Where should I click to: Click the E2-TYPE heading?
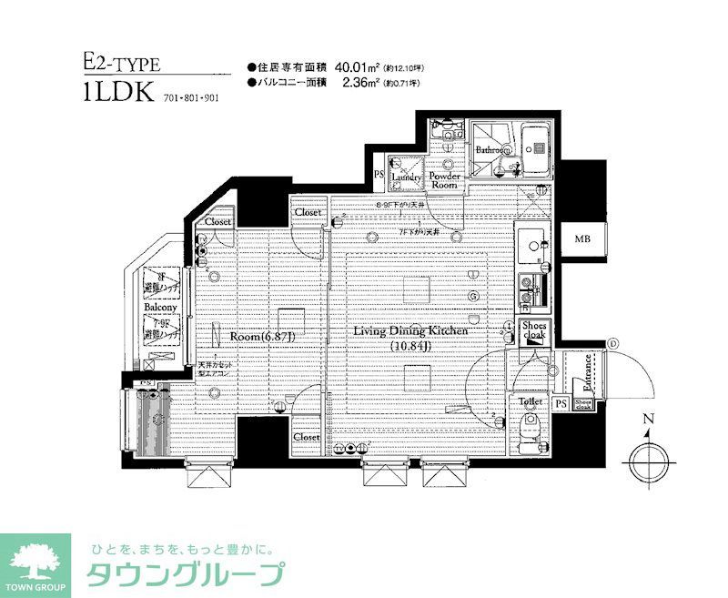121,64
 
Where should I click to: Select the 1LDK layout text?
116,94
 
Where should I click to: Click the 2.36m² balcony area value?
359,83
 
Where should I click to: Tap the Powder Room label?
444,180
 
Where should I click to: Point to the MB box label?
581,240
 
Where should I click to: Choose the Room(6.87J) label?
262,336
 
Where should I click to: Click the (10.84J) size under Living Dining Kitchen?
410,346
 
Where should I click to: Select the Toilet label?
531,400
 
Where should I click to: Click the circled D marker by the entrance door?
612,343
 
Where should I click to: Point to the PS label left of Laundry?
379,175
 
